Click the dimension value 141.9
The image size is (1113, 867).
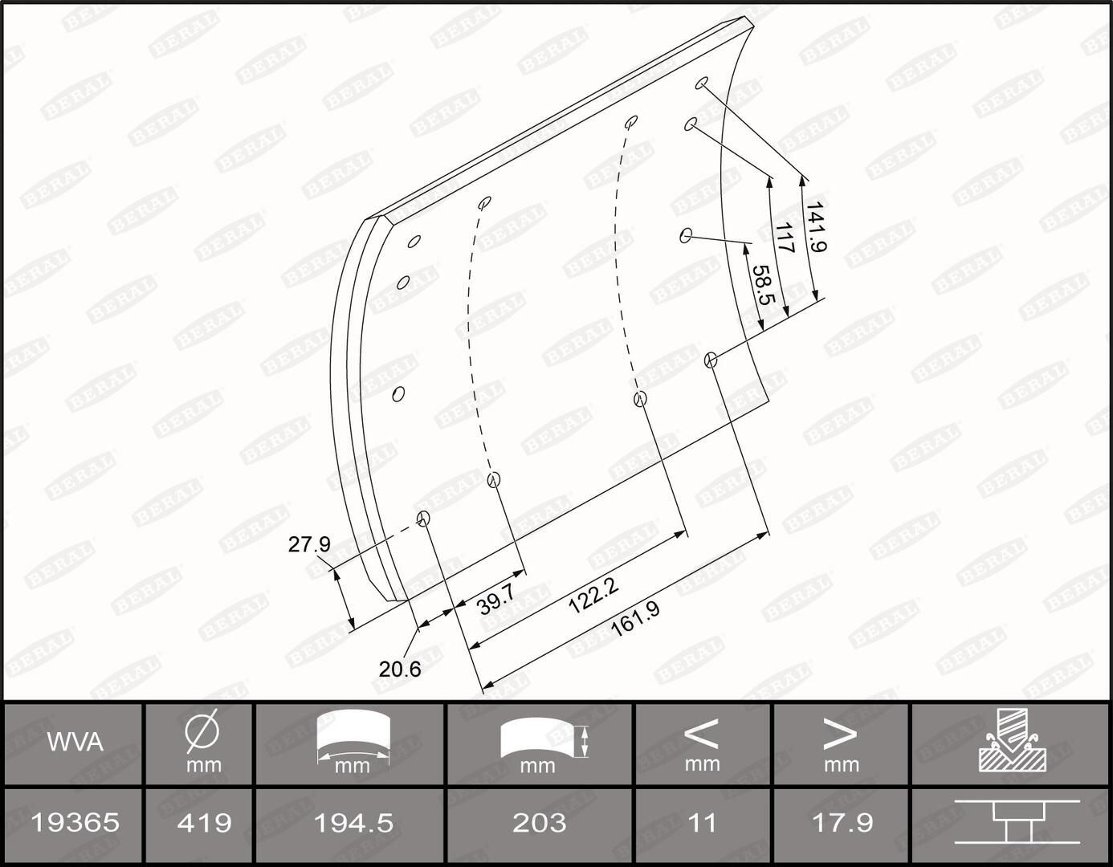coord(814,227)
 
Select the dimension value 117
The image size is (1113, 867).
coord(784,238)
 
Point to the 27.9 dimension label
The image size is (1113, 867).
coord(309,544)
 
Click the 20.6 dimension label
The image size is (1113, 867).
coord(400,668)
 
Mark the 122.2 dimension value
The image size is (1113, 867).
coord(593,596)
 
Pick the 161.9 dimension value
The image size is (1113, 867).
coord(634,619)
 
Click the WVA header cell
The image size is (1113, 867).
coord(75,742)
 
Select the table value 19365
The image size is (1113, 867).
coord(75,822)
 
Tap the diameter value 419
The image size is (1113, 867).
coord(203,822)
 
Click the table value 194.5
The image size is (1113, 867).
coord(353,822)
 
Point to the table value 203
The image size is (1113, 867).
coord(539,822)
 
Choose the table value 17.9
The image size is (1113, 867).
coord(842,822)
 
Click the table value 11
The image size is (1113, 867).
coord(703,822)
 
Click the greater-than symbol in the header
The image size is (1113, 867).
coord(841,732)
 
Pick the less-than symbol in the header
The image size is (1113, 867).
coord(701,732)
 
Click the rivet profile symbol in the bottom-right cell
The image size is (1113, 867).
coord(1013,822)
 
